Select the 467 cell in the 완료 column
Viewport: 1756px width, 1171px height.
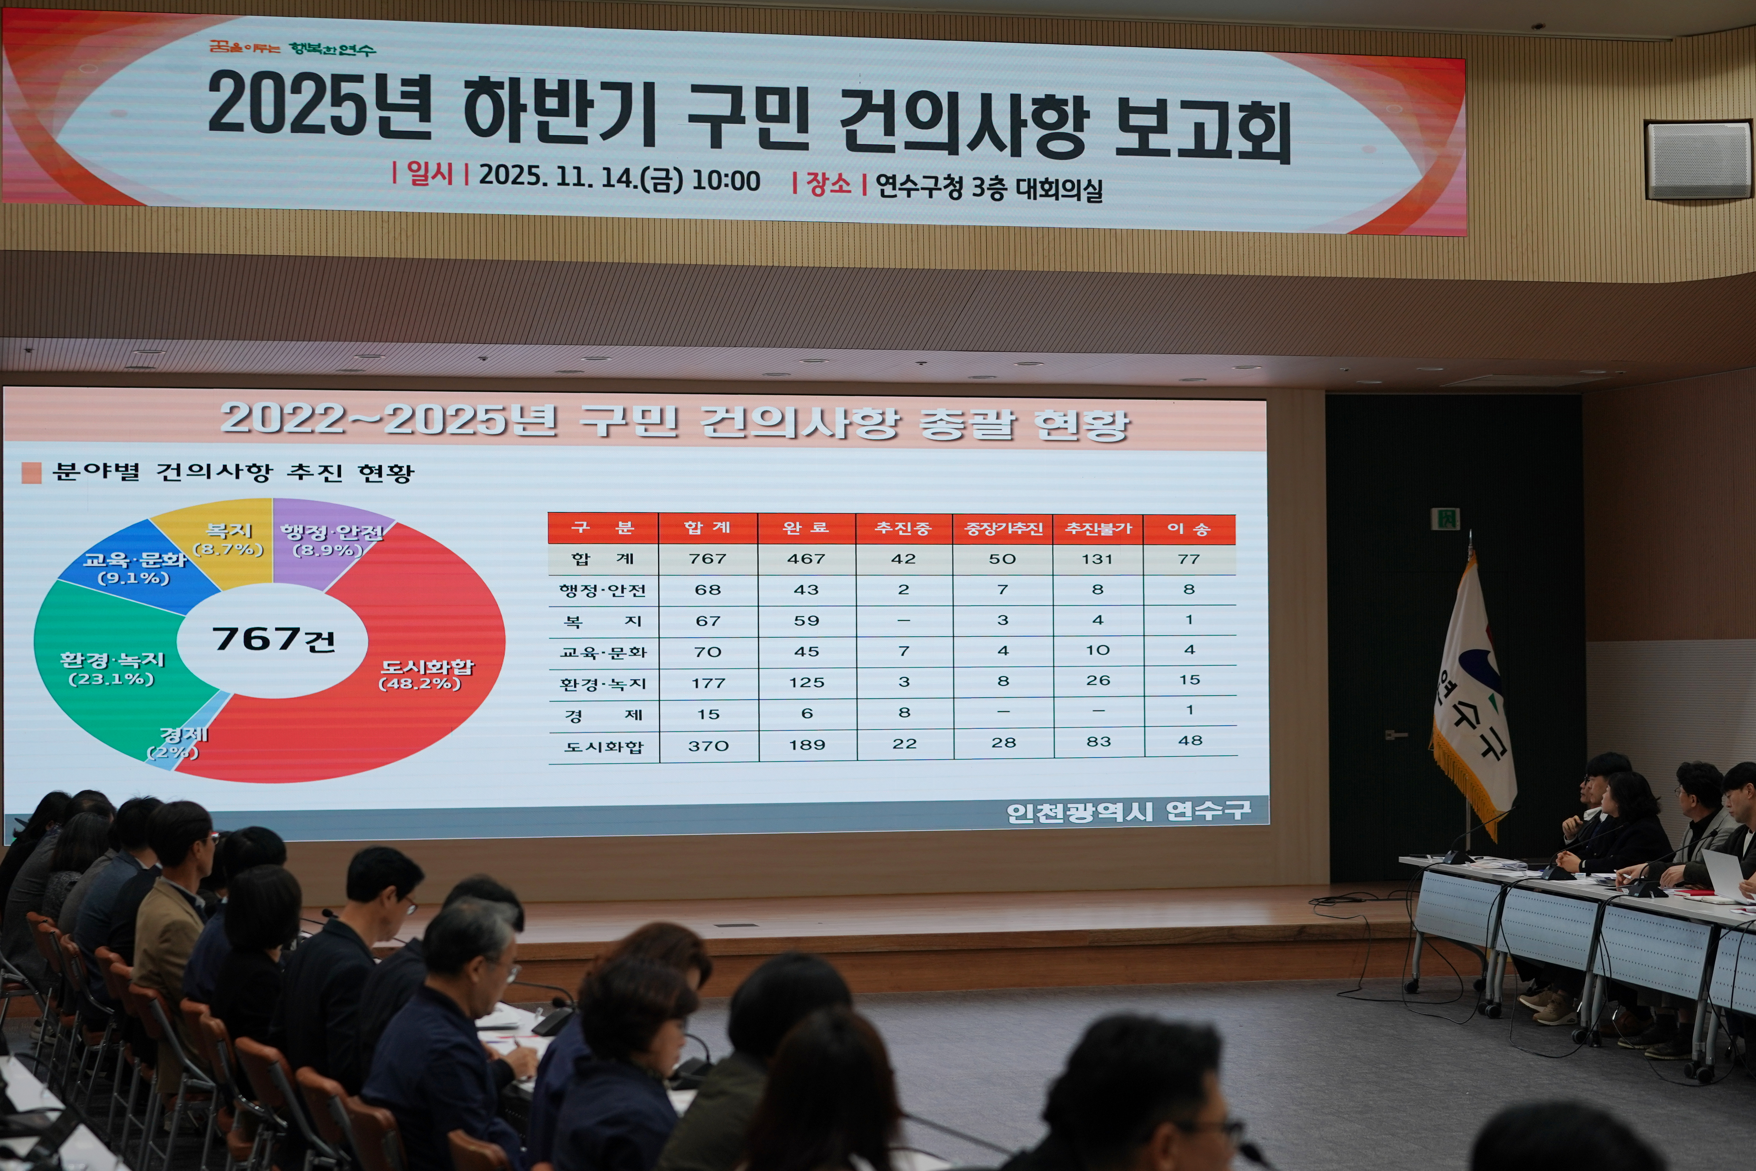pyautogui.click(x=806, y=559)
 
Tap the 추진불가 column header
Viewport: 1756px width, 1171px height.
pyautogui.click(x=1097, y=529)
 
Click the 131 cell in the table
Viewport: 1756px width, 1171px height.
pyautogui.click(x=1097, y=559)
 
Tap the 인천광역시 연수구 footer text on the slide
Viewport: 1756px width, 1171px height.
pyautogui.click(x=1127, y=812)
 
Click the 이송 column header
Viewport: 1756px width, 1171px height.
pyautogui.click(x=1189, y=529)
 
